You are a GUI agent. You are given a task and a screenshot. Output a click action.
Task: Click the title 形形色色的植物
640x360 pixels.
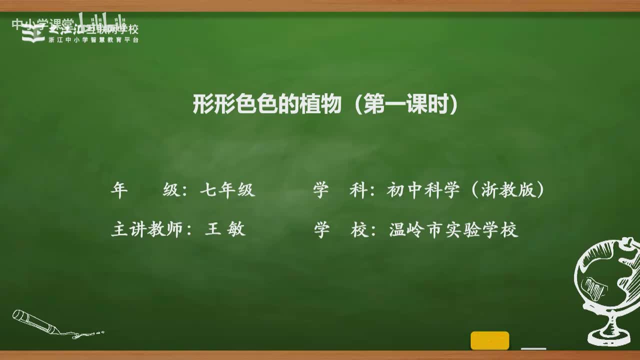click(267, 105)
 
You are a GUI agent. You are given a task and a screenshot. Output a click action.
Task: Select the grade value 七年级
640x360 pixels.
click(227, 190)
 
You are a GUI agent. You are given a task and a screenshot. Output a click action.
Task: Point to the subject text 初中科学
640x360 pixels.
click(423, 190)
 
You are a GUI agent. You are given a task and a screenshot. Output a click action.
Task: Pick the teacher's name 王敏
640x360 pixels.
click(225, 229)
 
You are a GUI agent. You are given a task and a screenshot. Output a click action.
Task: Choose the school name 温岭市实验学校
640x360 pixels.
click(453, 229)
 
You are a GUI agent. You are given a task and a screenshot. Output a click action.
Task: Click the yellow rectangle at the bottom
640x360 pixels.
click(489, 340)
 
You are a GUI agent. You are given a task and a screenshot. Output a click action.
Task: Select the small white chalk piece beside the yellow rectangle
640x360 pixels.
click(533, 348)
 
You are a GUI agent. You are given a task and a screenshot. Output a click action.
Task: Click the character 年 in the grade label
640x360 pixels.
click(119, 190)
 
